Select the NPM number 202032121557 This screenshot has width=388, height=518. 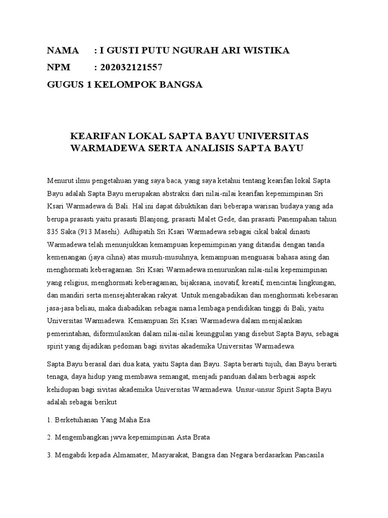(131, 67)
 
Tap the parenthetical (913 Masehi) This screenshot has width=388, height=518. (104, 231)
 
